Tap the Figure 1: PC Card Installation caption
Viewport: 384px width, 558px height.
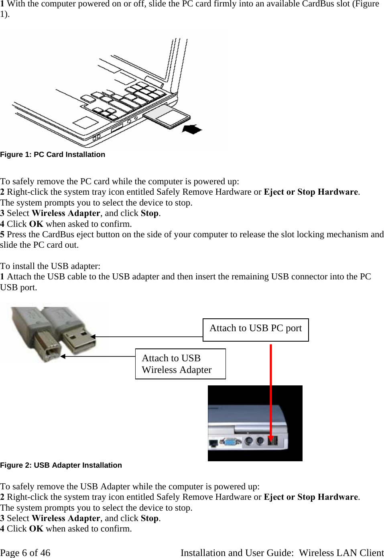(53, 155)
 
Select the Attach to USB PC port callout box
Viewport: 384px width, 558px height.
(256, 330)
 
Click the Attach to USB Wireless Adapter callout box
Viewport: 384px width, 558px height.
(180, 364)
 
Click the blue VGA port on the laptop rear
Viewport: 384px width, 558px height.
(230, 442)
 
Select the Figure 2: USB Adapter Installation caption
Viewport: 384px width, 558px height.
(61, 465)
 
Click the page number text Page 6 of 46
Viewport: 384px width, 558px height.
(25, 553)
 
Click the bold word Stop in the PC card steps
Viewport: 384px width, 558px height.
(150, 213)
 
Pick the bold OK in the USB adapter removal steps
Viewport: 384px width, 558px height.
(36, 529)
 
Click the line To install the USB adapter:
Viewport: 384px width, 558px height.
(50, 266)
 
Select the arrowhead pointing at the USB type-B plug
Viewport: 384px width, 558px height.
(63, 356)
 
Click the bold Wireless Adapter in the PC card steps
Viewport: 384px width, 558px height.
(66, 213)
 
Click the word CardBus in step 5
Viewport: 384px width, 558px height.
(57, 234)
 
